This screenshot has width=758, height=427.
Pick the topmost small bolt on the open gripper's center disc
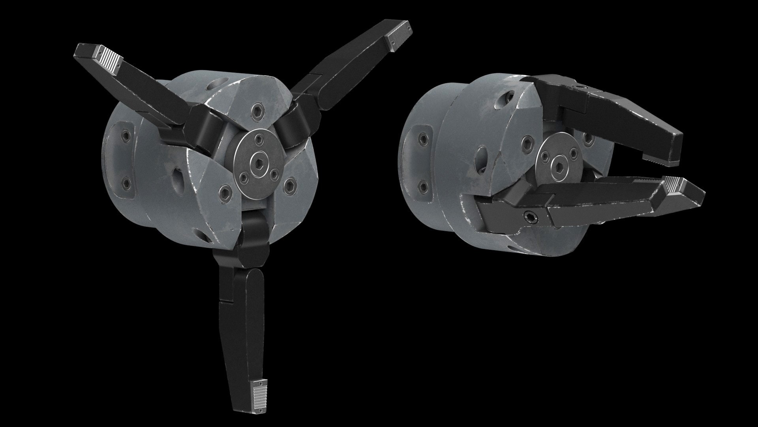(x=259, y=138)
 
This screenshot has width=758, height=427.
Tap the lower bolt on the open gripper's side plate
(x=126, y=183)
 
